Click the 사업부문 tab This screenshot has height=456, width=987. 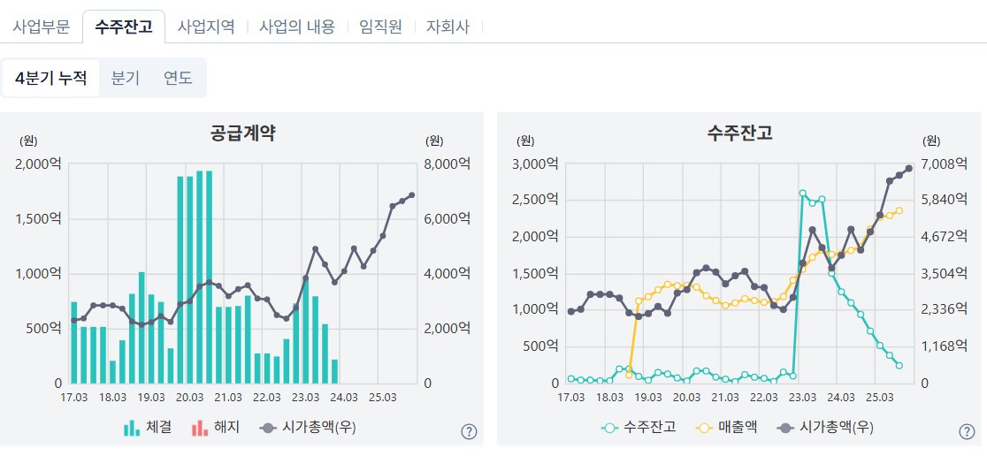click(x=41, y=27)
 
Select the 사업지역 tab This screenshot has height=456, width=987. click(x=206, y=27)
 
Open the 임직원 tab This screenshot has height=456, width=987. click(x=381, y=27)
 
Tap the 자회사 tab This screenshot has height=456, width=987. click(x=448, y=27)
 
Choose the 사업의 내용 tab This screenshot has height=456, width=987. click(x=297, y=27)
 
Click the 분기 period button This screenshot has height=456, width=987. click(x=126, y=79)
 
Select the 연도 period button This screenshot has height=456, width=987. click(x=178, y=79)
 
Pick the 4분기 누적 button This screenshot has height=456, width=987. click(x=51, y=79)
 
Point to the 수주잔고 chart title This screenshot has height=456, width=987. click(x=739, y=133)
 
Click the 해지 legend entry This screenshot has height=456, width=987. click(x=215, y=429)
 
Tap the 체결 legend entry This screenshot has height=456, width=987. click(x=148, y=429)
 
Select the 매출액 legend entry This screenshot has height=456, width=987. click(x=727, y=428)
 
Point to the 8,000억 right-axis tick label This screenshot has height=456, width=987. click(x=448, y=164)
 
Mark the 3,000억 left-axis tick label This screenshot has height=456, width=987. click(x=536, y=164)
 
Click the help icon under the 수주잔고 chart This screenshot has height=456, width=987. click(x=967, y=431)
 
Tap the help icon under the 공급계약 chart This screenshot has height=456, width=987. click(x=469, y=431)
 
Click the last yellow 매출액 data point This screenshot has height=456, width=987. click(x=899, y=210)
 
